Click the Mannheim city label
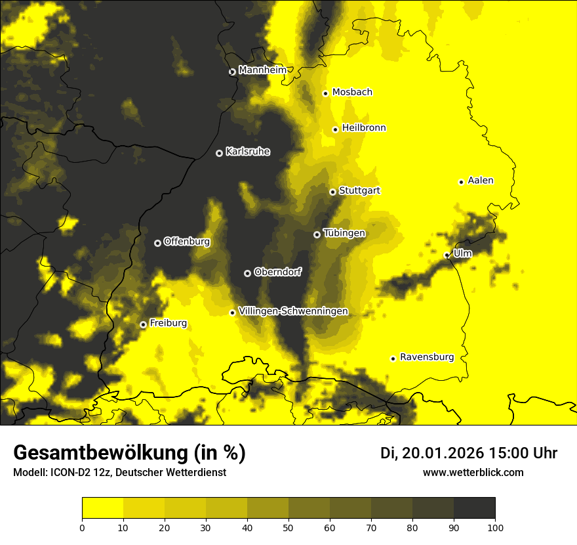click(263, 70)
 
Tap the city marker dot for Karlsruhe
click(219, 153)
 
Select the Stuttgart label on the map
click(359, 190)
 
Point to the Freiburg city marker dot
click(143, 324)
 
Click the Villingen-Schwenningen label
click(293, 311)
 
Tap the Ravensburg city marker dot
click(393, 359)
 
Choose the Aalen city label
click(481, 181)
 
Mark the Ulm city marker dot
click(447, 255)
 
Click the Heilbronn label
click(364, 128)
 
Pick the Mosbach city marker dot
click(325, 93)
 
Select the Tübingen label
click(344, 233)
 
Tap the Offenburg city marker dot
click(157, 243)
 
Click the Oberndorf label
click(277, 272)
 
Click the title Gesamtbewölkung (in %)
click(129, 453)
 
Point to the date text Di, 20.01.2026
click(431, 453)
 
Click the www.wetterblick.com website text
click(473, 472)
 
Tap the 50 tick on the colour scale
click(288, 527)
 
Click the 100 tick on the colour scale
click(495, 527)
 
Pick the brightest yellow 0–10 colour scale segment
click(102, 508)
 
